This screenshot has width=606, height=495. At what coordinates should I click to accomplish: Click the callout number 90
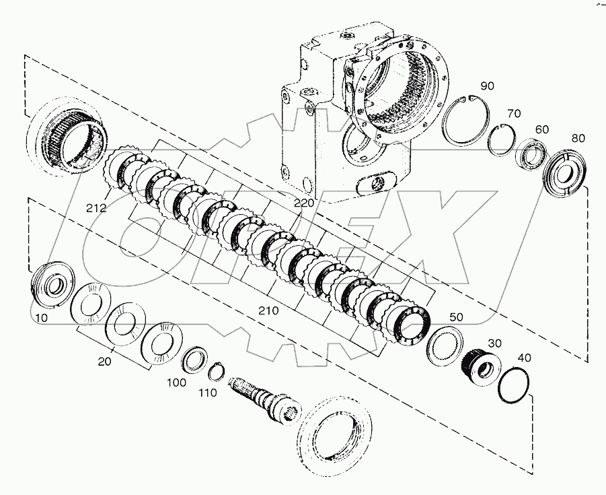[488, 86]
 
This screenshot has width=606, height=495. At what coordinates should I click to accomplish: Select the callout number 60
[541, 129]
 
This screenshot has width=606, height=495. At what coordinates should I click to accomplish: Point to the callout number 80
[578, 138]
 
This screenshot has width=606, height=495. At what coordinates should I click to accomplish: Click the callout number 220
[303, 201]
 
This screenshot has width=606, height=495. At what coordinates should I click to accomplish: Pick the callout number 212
[96, 208]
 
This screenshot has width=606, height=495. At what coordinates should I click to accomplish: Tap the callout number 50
[456, 316]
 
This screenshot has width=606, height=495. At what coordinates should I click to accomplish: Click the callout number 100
[176, 382]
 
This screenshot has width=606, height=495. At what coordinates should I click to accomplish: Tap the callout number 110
[207, 393]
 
